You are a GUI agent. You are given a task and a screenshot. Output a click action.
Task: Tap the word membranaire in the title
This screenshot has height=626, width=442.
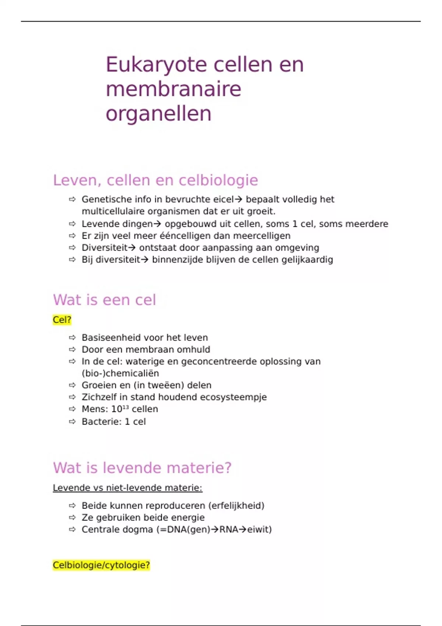tap(173, 89)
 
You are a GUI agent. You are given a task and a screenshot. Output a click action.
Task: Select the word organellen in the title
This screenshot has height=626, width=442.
tap(158, 113)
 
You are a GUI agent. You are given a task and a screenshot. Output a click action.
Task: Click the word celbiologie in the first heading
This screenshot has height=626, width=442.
tap(218, 180)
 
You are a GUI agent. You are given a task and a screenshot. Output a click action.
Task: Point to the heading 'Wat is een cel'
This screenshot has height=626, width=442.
tap(104, 300)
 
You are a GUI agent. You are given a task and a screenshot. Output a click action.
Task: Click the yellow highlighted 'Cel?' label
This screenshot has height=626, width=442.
tap(62, 320)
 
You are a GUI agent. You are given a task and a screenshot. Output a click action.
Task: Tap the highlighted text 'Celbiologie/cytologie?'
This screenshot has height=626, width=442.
tap(101, 565)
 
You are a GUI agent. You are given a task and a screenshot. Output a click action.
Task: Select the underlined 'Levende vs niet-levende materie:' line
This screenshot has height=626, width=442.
tap(127, 488)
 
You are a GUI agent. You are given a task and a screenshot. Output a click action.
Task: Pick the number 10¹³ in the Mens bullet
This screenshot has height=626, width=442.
tap(120, 409)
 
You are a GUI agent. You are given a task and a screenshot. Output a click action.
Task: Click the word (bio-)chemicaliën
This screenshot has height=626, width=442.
tap(120, 373)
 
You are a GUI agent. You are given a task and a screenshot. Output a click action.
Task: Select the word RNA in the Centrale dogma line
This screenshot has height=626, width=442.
tap(229, 530)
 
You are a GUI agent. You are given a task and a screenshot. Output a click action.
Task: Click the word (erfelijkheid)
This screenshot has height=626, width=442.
tap(236, 506)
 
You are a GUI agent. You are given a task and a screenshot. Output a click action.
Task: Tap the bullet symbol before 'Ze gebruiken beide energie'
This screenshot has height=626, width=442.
tap(72, 517)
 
